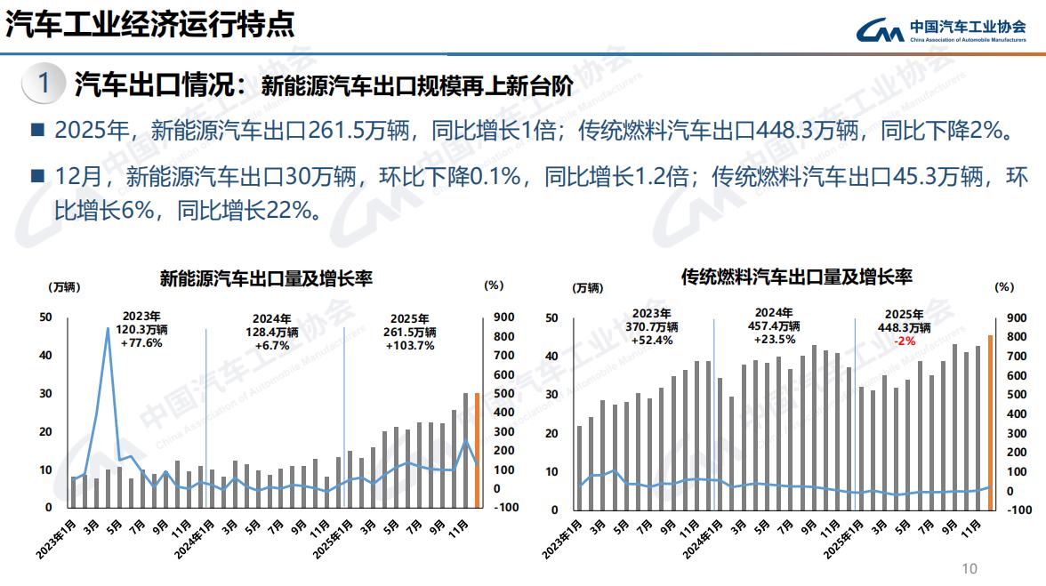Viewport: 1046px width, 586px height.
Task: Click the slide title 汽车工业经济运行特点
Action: [x=149, y=24]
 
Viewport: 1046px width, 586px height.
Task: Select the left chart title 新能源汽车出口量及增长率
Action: [x=265, y=278]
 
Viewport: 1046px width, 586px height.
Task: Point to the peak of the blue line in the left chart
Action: [x=108, y=328]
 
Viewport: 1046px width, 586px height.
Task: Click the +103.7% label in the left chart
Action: [x=410, y=345]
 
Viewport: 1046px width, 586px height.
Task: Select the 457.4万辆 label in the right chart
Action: [x=774, y=325]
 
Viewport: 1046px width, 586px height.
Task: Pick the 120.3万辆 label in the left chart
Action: [x=142, y=329]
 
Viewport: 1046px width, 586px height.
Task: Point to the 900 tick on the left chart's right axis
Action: [x=503, y=317]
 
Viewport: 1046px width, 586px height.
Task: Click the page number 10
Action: [x=970, y=568]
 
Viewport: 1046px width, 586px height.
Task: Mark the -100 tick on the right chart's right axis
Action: [x=1019, y=510]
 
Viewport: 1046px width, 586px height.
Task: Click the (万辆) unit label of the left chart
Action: [x=62, y=286]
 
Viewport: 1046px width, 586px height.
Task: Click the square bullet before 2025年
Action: [x=37, y=131]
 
